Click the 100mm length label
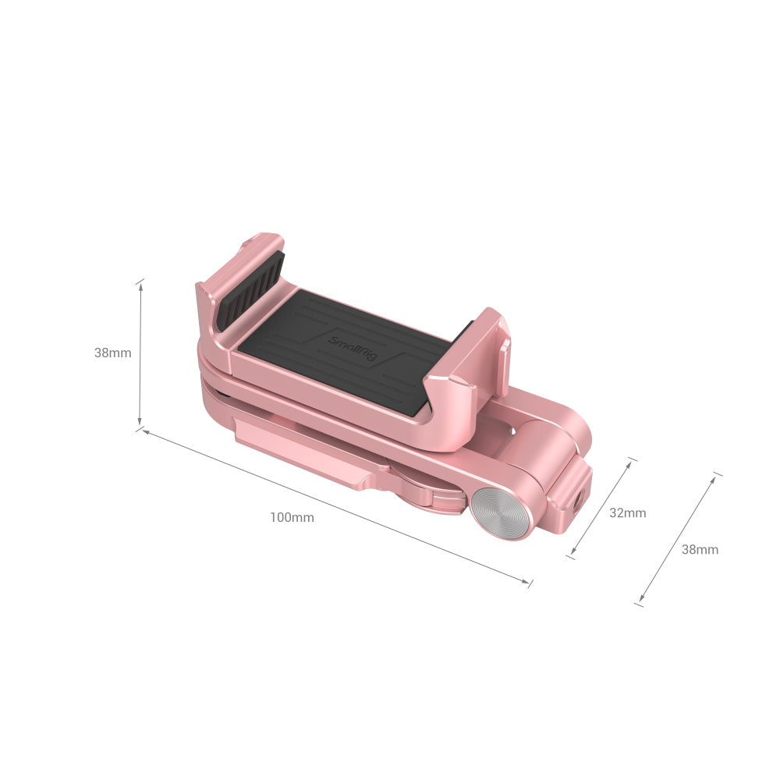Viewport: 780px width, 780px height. (x=292, y=517)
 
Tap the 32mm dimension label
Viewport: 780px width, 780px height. (x=628, y=513)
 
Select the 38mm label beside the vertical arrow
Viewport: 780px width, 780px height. (x=113, y=353)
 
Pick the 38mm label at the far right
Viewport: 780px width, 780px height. (x=700, y=550)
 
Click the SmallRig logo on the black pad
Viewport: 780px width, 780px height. (x=353, y=349)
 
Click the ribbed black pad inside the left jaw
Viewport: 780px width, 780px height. (x=250, y=291)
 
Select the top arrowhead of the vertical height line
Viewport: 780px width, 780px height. (x=140, y=287)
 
